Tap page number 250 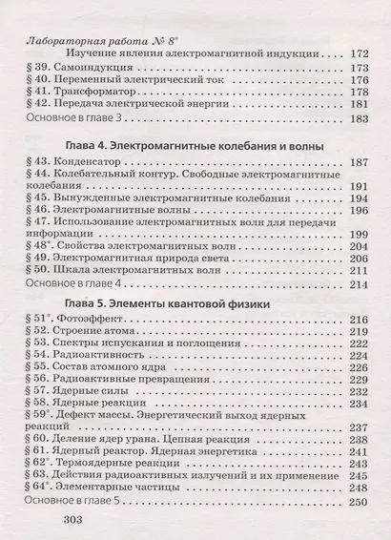coord(358,500)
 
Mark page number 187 coord(358,165)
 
